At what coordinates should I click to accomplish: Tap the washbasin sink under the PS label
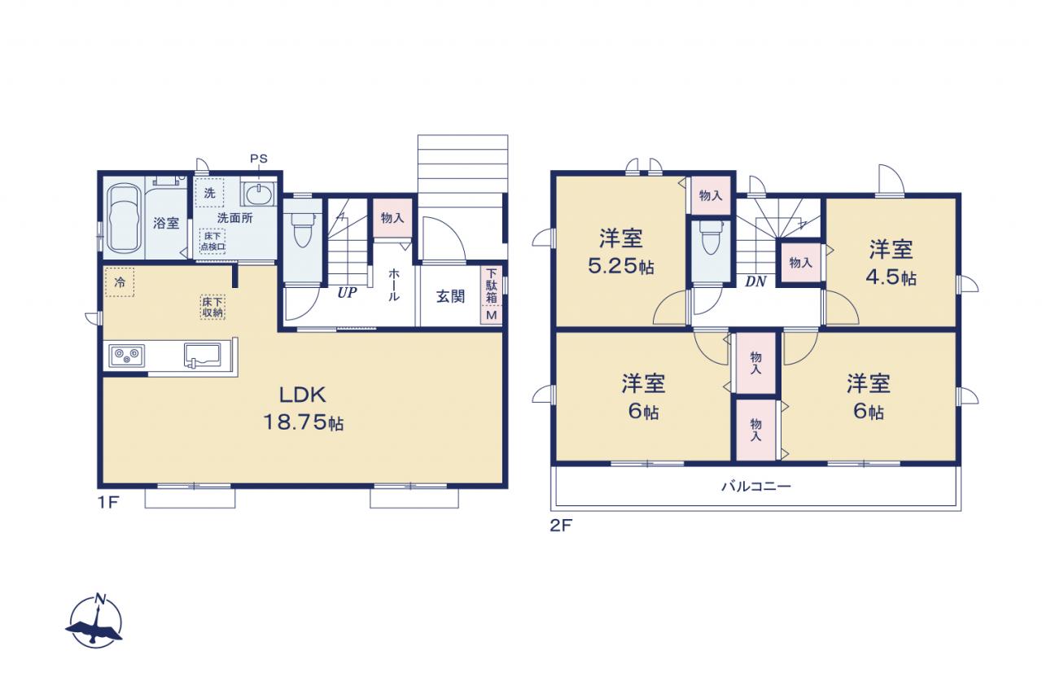point(259,194)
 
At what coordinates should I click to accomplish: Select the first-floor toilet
point(302,229)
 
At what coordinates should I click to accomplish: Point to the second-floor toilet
point(711,237)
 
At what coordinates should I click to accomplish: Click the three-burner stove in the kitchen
point(126,356)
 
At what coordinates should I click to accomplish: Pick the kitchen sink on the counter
point(203,356)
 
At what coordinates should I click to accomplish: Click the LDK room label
point(302,395)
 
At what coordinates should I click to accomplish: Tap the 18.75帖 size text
point(304,422)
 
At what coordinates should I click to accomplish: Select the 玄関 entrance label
point(450,297)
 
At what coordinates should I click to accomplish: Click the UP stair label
point(347,292)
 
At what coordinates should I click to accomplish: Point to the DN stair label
point(755,282)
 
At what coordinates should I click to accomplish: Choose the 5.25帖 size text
point(621,266)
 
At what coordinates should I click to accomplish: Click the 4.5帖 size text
point(891,277)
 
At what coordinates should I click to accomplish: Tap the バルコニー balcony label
point(756,487)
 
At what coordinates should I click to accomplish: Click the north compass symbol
point(96,621)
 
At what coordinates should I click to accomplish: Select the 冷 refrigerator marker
point(120,282)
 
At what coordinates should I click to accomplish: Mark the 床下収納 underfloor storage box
point(212,308)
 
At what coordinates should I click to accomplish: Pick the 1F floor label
point(108,503)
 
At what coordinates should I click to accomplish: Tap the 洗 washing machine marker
point(209,193)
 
